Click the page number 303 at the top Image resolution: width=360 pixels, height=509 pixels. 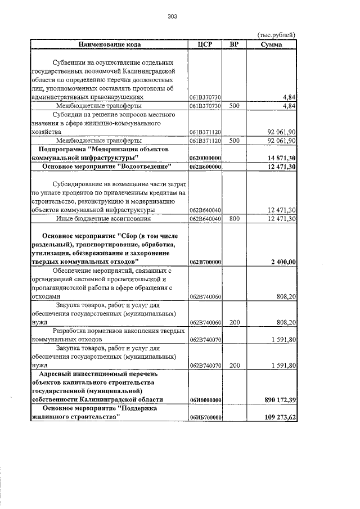pyautogui.click(x=173, y=16)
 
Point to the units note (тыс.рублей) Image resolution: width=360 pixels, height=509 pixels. pyautogui.click(x=276, y=35)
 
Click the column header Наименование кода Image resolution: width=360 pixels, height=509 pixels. pyautogui.click(x=110, y=44)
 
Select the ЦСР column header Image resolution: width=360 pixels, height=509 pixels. pyautogui.click(x=205, y=44)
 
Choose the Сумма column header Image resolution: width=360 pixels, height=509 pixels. pyautogui.click(x=272, y=44)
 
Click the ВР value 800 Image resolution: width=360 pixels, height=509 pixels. pyautogui.click(x=235, y=218)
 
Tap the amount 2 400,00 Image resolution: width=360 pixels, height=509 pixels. pyautogui.click(x=284, y=262)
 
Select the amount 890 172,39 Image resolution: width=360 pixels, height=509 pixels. pyautogui.click(x=281, y=399)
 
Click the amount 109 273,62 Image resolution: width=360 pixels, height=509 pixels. pyautogui.click(x=281, y=417)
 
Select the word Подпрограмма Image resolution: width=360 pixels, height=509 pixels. pyautogui.click(x=62, y=150)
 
